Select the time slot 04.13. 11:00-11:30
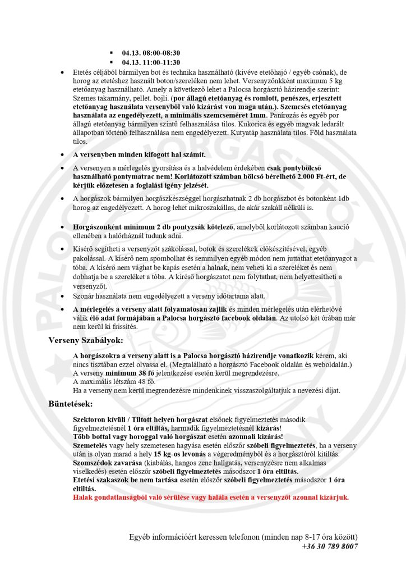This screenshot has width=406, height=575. point(151,62)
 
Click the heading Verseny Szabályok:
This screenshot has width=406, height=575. point(86,340)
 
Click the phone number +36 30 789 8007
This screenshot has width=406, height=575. point(330,546)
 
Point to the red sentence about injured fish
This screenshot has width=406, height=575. point(211,497)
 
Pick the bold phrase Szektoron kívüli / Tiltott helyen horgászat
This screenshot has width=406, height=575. point(141,420)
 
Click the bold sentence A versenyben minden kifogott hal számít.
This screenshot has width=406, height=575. point(139,154)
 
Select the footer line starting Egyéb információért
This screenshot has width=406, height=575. point(243,537)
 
